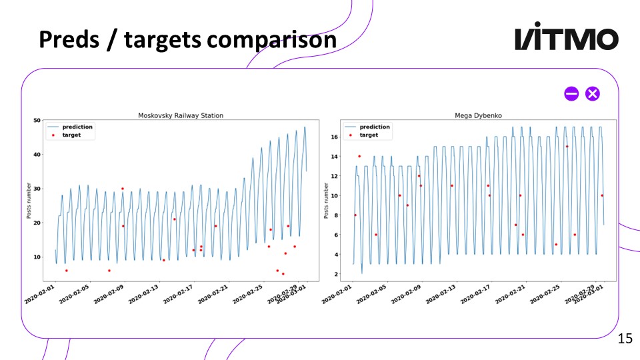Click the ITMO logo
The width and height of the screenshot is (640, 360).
click(567, 39)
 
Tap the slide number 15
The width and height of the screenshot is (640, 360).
click(625, 339)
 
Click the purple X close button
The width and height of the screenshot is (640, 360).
click(592, 94)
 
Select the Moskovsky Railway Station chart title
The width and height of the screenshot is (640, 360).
click(180, 115)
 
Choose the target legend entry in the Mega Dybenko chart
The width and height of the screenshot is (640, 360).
click(368, 135)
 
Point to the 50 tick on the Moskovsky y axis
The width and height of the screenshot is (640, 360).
click(37, 120)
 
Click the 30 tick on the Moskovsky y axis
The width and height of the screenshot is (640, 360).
click(37, 189)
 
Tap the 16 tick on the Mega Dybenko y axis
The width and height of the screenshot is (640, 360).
click(335, 137)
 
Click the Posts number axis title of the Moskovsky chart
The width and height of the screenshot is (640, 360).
click(28, 201)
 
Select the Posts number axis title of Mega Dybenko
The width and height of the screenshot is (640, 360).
click(327, 201)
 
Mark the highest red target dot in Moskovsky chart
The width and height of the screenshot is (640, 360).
click(123, 189)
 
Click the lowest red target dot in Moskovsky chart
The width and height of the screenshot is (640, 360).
click(283, 274)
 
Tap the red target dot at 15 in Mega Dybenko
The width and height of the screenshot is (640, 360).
click(567, 147)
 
